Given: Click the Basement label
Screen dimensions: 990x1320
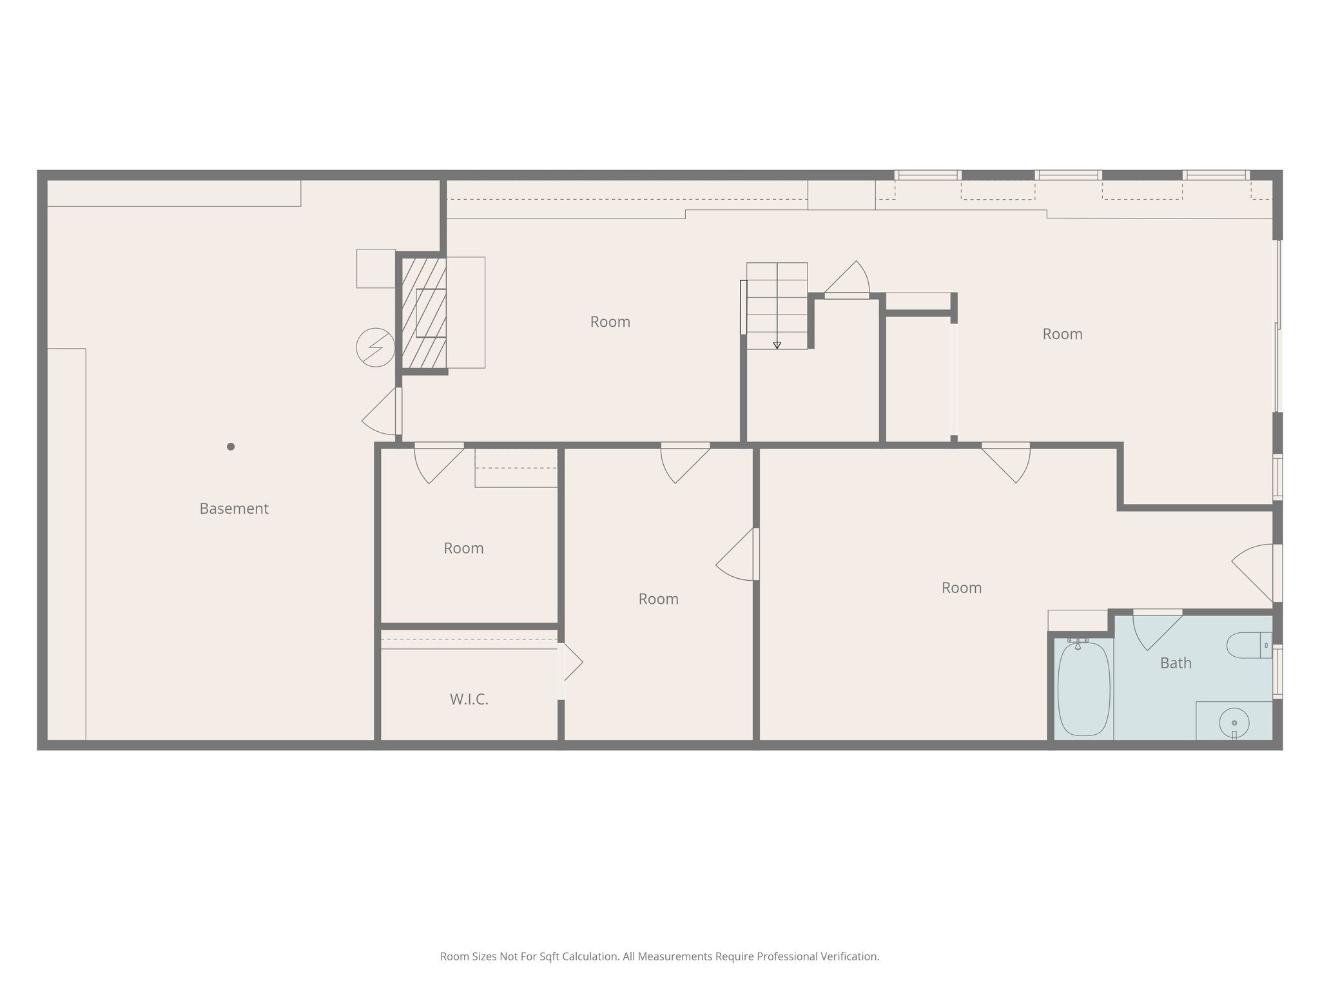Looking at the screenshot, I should tap(233, 509).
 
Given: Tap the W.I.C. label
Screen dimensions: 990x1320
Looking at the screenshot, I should tap(469, 699).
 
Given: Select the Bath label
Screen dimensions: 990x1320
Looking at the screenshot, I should tap(1176, 663).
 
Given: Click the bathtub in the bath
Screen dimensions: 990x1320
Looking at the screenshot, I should tap(1084, 688).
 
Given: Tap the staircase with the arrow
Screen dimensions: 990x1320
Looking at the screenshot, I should tap(777, 306).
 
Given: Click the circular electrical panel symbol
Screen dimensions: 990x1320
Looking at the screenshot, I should tap(375, 347).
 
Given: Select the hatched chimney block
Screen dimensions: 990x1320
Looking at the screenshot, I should tap(424, 313).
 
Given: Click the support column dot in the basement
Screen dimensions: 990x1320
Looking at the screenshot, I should tap(231, 447).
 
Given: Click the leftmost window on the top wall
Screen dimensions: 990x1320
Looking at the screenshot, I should tap(927, 175).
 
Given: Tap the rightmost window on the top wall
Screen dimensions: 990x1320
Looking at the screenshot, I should tap(1216, 175).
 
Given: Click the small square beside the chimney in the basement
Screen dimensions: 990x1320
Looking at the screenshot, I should tap(376, 268).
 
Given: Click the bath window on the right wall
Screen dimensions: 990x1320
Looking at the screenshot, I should tap(1277, 672).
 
